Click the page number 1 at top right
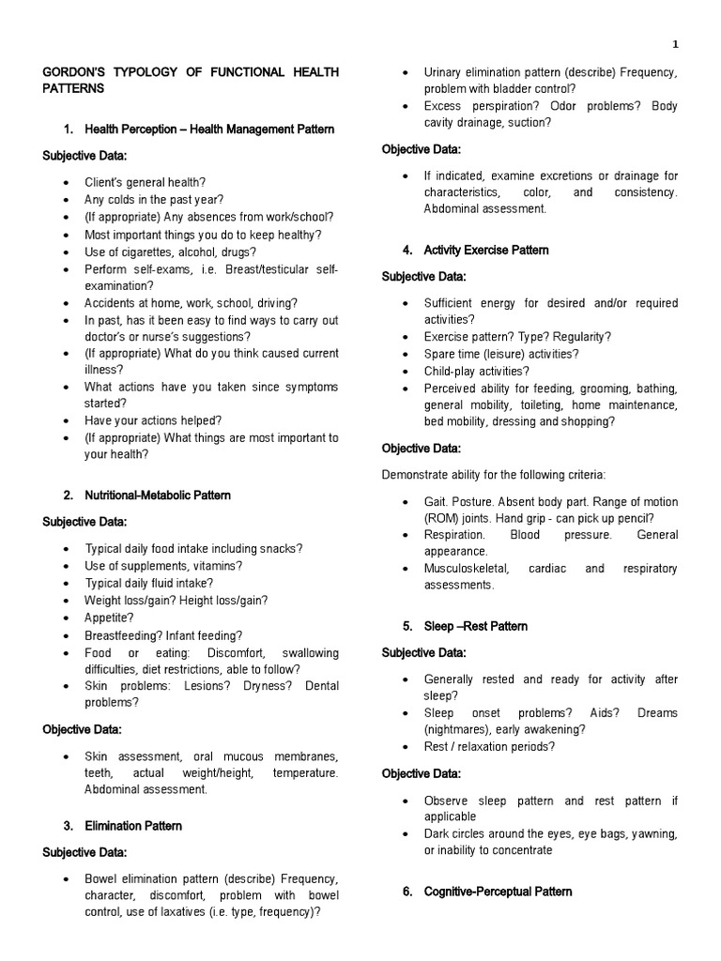pos(675,44)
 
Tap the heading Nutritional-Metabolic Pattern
pos(157,495)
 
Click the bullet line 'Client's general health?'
pos(146,182)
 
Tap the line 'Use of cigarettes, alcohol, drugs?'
pos(170,252)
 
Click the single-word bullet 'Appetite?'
pos(109,618)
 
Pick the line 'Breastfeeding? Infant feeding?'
pos(163,635)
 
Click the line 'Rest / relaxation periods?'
pos(489,747)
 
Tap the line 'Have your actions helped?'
pos(153,420)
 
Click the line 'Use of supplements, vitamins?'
pos(163,566)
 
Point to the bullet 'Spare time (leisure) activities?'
pos(501,354)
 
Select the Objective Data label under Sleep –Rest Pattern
pos(422,773)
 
